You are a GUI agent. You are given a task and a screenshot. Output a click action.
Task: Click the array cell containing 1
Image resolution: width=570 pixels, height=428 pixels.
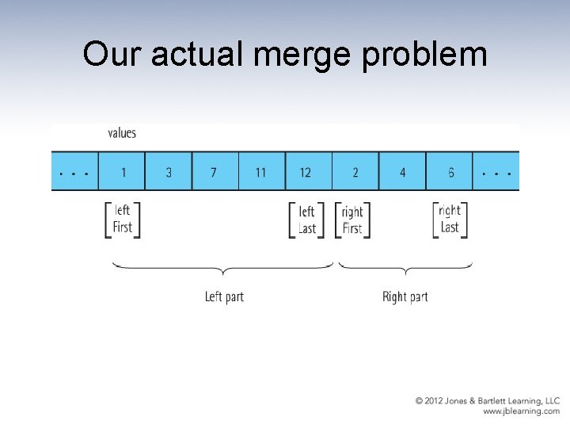(x=122, y=171)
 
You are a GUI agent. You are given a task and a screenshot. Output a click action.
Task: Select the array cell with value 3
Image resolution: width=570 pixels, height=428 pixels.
(x=169, y=171)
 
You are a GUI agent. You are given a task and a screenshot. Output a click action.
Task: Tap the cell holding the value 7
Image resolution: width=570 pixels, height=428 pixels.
(x=215, y=171)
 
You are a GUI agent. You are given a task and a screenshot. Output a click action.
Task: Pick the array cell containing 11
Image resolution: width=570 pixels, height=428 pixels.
(x=261, y=171)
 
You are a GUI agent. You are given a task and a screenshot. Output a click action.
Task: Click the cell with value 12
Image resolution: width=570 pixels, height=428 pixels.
(x=308, y=171)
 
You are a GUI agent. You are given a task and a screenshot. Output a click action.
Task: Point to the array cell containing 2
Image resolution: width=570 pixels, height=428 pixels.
(x=355, y=171)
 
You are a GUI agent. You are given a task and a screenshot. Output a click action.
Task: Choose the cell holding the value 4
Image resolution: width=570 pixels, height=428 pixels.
(x=402, y=171)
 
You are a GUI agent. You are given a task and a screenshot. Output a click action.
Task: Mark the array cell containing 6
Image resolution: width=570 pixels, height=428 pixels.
(x=449, y=171)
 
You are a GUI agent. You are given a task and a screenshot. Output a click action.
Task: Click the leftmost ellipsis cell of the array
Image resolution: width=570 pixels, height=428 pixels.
(x=74, y=171)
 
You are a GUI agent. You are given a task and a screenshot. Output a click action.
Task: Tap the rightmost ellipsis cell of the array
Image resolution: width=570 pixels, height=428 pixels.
(x=496, y=171)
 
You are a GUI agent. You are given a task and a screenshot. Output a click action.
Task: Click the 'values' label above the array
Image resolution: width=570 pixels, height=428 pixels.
(x=122, y=133)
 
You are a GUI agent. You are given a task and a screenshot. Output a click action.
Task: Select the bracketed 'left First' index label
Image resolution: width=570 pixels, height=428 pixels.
(x=123, y=219)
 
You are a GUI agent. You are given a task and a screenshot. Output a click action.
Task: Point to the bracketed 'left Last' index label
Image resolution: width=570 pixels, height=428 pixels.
(x=306, y=220)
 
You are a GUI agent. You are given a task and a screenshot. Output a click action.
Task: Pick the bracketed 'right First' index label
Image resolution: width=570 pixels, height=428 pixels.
(x=351, y=220)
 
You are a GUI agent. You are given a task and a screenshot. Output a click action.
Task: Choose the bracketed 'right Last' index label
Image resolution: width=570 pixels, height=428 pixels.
(x=449, y=219)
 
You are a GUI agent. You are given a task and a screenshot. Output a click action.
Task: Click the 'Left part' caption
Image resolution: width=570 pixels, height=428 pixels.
(x=224, y=297)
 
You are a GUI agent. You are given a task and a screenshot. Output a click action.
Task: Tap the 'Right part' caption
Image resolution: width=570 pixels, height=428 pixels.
(x=405, y=297)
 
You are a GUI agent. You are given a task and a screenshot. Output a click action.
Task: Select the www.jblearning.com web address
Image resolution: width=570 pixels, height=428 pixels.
(x=521, y=411)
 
